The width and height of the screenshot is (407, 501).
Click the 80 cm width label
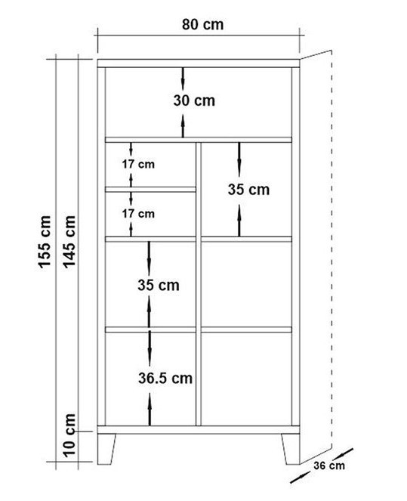[x=202, y=25]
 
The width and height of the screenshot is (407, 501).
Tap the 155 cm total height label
[x=45, y=242]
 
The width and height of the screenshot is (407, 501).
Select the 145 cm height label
[x=69, y=242]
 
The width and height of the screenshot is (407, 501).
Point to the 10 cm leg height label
[x=69, y=435]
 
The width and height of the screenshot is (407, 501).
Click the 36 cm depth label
[x=329, y=465]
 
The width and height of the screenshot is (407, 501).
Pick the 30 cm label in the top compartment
[x=194, y=101]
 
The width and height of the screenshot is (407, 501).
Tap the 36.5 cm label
[x=165, y=379]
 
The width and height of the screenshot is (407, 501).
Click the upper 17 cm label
[x=138, y=164]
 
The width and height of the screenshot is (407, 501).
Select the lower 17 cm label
[x=138, y=213]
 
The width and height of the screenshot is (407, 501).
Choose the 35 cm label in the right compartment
[x=248, y=190]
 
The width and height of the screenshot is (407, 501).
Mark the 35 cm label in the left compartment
[x=159, y=285]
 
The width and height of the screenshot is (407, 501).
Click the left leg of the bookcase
[x=106, y=449]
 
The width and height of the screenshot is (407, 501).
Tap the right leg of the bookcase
[x=291, y=449]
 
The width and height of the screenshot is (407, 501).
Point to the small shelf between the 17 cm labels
[x=150, y=190]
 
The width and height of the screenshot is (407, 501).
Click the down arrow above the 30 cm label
[x=183, y=79]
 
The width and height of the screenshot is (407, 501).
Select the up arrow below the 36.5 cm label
[x=150, y=410]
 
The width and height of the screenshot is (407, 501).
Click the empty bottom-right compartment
[x=246, y=379]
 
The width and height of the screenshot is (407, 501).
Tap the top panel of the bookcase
[x=199, y=63]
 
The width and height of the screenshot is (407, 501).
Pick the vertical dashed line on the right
[x=332, y=249]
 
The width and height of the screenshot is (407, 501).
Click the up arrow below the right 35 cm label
[x=239, y=221]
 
